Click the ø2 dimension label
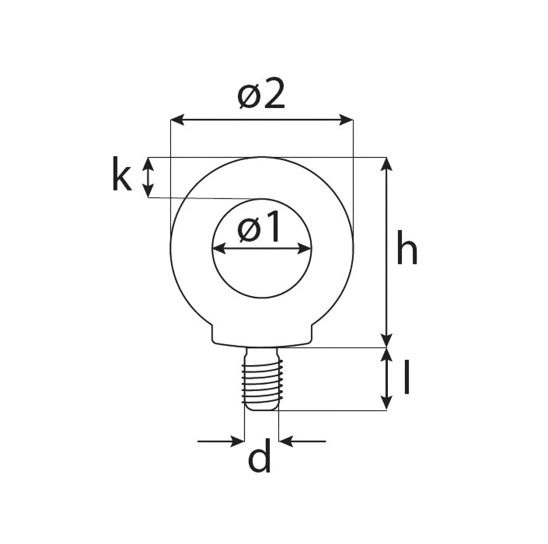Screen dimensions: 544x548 262,96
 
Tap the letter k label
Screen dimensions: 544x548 120,176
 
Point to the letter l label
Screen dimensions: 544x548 407,378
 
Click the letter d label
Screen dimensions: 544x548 260,459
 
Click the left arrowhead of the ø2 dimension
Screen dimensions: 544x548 176,120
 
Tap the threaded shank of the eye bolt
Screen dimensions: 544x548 261,380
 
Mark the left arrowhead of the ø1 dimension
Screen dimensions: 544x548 218,249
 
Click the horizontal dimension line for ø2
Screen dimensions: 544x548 262,120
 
